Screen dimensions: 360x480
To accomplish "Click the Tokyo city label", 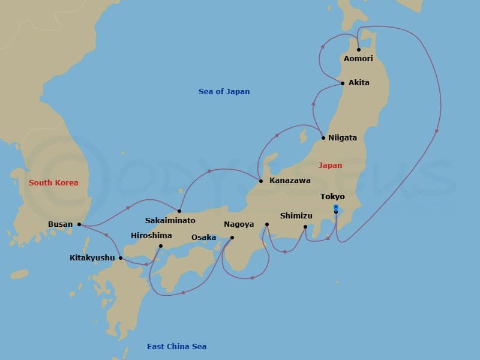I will click(332, 197).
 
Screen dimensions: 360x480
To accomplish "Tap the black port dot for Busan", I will click(79, 225).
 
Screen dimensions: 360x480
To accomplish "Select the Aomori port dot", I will click(358, 50).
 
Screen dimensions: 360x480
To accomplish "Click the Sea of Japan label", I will click(224, 92).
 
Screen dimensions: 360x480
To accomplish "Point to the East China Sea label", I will click(176, 347).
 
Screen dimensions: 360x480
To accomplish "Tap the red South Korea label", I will click(53, 183).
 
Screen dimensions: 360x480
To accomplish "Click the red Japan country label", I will click(330, 166).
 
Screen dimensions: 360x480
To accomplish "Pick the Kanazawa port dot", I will click(260, 181).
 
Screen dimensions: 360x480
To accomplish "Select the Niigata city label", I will click(343, 138).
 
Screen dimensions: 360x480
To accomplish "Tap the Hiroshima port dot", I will click(160, 245).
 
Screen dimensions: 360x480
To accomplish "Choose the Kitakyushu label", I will click(92, 258).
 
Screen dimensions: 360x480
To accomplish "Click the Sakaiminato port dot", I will click(179, 211).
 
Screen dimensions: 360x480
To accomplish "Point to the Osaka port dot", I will click(232, 238).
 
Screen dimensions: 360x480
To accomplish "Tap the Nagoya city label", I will click(239, 225).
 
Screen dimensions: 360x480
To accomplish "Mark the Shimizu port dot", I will click(305, 227).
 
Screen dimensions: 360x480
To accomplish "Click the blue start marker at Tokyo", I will click(336, 207).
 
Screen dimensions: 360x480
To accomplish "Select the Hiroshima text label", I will click(151, 236).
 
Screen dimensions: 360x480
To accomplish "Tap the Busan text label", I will click(61, 225).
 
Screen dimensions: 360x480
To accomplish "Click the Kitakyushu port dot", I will click(121, 258).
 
